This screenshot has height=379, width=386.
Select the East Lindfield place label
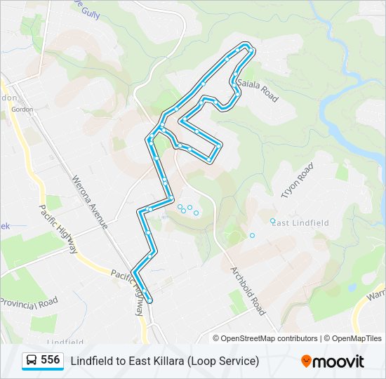(300, 222)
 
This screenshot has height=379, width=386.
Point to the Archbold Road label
(248, 289)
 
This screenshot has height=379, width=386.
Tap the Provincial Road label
(29, 302)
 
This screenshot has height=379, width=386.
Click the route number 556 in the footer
(50, 360)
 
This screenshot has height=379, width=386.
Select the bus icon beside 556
(32, 361)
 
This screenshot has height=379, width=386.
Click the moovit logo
(333, 361)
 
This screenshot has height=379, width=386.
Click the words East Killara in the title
(158, 361)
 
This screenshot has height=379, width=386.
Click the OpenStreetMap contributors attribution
(269, 338)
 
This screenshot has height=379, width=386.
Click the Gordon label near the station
(22, 109)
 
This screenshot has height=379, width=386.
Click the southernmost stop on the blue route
(149, 300)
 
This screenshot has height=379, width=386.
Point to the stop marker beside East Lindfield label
(273, 221)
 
